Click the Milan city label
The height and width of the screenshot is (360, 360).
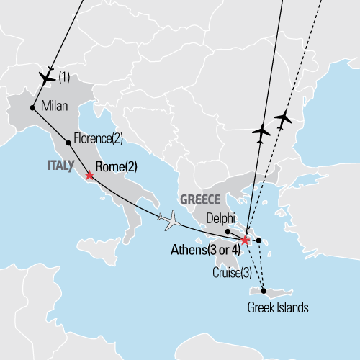coord(55,107)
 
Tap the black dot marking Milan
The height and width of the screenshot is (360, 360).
coord(32,108)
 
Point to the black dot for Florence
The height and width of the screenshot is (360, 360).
coord(68,143)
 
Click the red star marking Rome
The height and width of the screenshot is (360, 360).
coord(89,175)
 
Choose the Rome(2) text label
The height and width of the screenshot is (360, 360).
coord(117,167)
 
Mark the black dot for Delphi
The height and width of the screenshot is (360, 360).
coord(227,231)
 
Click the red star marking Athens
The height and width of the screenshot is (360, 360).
coord(246,240)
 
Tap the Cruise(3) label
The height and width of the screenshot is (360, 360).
coord(233,273)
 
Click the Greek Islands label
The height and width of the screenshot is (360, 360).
coord(277,307)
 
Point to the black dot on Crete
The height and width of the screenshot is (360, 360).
coord(264,291)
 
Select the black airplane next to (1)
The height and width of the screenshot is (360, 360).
coord(47,76)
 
